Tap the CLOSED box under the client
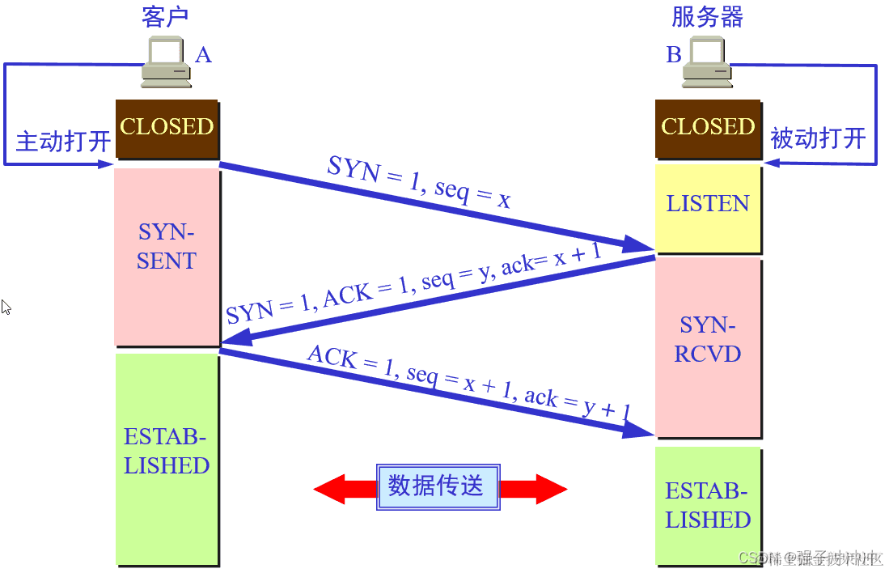click(167, 128)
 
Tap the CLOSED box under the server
click(708, 128)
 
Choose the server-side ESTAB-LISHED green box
click(708, 506)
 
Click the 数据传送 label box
click(438, 486)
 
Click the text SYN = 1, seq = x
click(419, 182)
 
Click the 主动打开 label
click(63, 142)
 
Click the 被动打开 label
click(818, 138)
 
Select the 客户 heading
click(165, 18)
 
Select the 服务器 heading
click(707, 18)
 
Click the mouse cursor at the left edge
click(6, 307)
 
